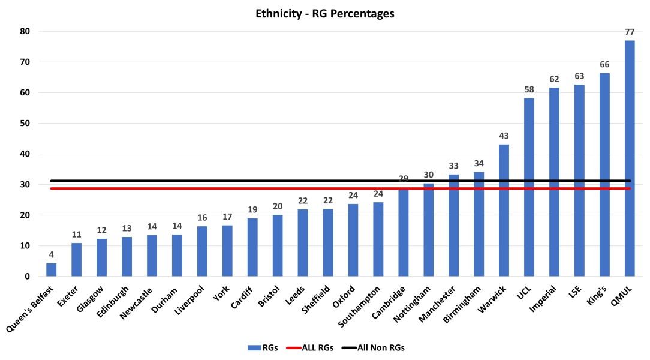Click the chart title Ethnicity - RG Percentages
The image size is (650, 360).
coord(324,14)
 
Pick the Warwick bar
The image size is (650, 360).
coord(504,211)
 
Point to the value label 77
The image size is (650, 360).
coord(629,31)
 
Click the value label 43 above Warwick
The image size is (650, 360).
coord(504,136)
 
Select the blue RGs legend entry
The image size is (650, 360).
coord(257,347)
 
